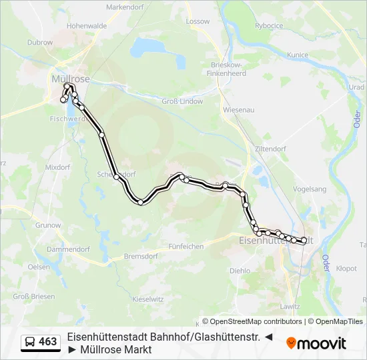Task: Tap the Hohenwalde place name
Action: (x=87, y=26)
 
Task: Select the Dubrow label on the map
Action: (x=41, y=42)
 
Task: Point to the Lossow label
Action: (x=198, y=21)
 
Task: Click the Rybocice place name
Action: (x=269, y=26)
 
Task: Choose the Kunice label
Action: (x=297, y=55)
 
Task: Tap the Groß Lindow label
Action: (x=183, y=101)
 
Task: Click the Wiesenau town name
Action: (x=239, y=109)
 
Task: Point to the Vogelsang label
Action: (x=310, y=189)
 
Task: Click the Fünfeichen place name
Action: (x=186, y=246)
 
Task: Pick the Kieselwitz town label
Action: (x=148, y=299)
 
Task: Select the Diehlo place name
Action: (x=240, y=271)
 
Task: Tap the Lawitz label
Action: (x=291, y=306)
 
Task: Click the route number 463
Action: (x=48, y=342)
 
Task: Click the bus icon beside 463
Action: (x=31, y=342)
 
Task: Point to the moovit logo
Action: (x=316, y=343)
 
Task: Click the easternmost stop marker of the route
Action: (x=304, y=240)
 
